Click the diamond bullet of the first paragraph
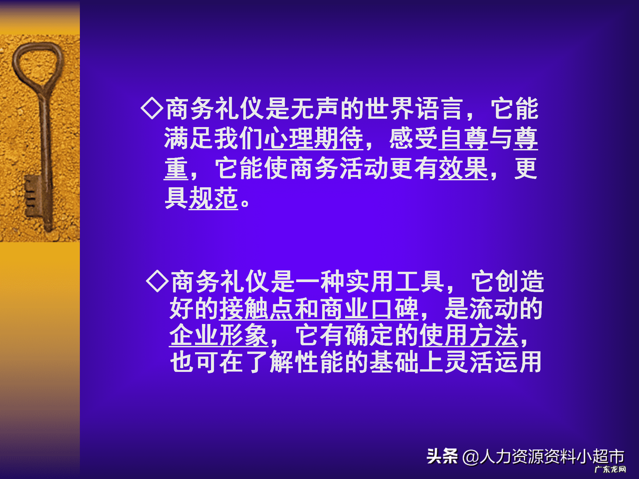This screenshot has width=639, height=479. [152, 108]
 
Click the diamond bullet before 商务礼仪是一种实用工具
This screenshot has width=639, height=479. [157, 281]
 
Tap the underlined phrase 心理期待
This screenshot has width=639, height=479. [313, 138]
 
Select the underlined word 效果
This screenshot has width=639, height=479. [463, 168]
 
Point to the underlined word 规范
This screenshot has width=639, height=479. [213, 198]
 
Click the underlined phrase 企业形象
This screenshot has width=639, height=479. [219, 335]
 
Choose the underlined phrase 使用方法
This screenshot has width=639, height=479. [468, 335]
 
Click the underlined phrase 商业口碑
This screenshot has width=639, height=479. [368, 309]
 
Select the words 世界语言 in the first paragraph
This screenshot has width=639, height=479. [414, 109]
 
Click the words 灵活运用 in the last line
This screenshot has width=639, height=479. [493, 362]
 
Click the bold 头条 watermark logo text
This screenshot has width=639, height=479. [442, 456]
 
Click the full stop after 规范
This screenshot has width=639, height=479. [245, 203]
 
